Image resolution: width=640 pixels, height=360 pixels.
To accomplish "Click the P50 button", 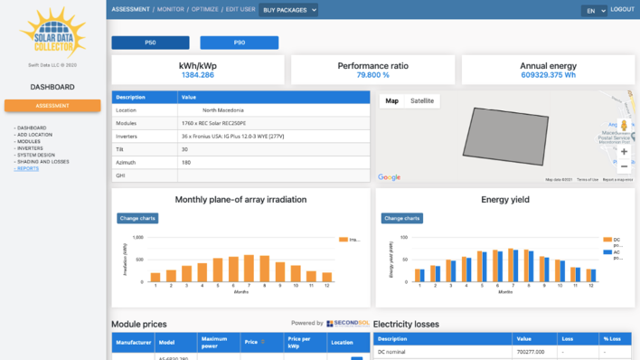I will coord(150,43).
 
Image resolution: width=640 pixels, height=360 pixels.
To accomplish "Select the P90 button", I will coord(239,43).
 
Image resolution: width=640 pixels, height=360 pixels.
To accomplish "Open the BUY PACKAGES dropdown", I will coord(288,10).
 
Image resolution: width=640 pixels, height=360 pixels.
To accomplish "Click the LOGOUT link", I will coord(622,9).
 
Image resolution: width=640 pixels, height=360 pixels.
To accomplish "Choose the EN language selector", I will coord(594,11).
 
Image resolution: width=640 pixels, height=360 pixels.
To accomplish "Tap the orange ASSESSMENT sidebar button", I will coord(52,106).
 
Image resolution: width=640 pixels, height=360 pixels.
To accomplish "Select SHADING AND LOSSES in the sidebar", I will coord(42,162).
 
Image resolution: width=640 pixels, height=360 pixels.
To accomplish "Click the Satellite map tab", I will coord(421,101).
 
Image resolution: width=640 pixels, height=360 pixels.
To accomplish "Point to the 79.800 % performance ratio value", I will coord(372,75).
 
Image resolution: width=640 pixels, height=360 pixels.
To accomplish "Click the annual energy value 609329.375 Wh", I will coord(548,75).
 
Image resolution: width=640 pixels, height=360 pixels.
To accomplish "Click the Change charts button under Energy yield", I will coord(401,218).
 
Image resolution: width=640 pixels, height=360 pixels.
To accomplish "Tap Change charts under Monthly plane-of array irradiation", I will coord(137,218).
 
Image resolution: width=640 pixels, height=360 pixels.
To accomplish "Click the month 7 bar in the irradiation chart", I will coord(249,268).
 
